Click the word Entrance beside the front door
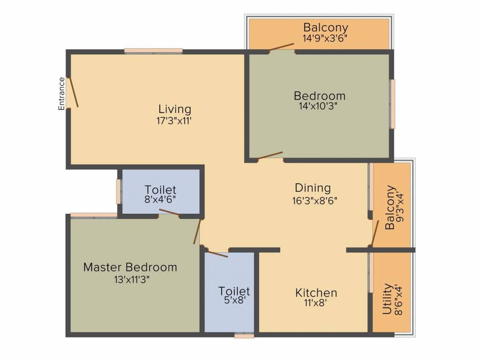click(61, 94)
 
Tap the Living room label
click(175, 109)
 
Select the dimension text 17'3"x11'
click(174, 120)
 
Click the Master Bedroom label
click(130, 267)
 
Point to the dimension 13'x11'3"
click(132, 280)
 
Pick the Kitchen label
click(316, 292)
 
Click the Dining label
click(313, 187)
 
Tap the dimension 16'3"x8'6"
click(315, 201)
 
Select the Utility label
click(387, 299)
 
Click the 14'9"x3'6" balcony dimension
click(325, 38)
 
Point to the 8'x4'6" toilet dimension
click(160, 200)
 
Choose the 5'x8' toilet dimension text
click(235, 300)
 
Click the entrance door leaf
click(74, 92)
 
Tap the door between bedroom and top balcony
click(281, 47)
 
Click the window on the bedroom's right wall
click(392, 104)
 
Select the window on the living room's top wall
click(153, 51)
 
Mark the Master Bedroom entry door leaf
click(197, 232)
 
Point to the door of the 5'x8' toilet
click(217, 254)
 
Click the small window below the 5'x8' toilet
click(244, 336)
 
